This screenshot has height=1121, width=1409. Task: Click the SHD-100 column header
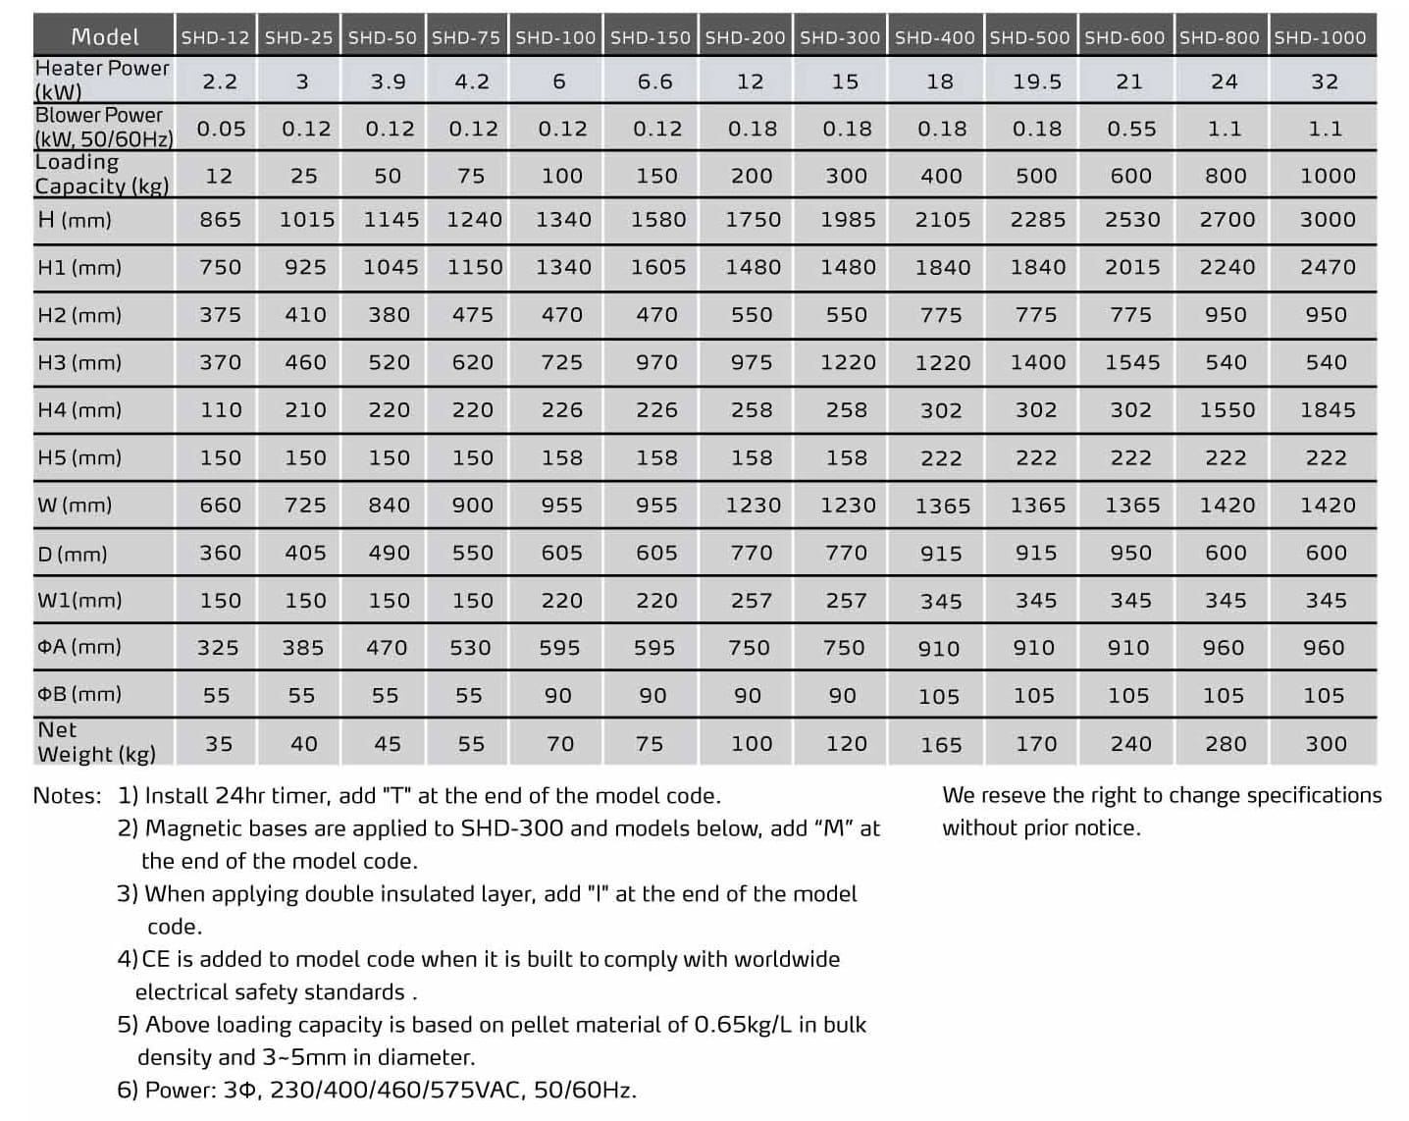pyautogui.click(x=555, y=37)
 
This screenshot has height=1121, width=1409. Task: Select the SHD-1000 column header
pyautogui.click(x=1320, y=37)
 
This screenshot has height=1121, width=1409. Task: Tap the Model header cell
pyautogui.click(x=105, y=37)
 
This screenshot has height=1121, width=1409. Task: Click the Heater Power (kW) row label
pyautogui.click(x=102, y=80)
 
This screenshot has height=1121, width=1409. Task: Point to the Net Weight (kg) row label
pyautogui.click(x=96, y=742)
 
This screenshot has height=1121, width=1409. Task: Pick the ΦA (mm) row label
pyautogui.click(x=79, y=647)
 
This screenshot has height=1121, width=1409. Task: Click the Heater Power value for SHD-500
pyautogui.click(x=1037, y=81)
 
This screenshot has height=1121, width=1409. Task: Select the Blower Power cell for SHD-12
pyautogui.click(x=221, y=129)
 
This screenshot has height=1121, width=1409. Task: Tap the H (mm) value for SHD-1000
pyautogui.click(x=1327, y=220)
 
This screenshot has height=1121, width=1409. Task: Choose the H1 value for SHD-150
pyautogui.click(x=657, y=267)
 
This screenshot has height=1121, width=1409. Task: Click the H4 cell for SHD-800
pyautogui.click(x=1226, y=409)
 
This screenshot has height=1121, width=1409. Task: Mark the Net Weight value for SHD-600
pyautogui.click(x=1130, y=744)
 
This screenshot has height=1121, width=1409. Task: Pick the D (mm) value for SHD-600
pyautogui.click(x=1130, y=553)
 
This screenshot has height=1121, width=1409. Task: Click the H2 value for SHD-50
pyautogui.click(x=389, y=315)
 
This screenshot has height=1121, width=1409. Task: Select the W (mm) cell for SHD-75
pyautogui.click(x=472, y=505)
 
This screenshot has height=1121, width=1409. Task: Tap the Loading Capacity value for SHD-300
pyautogui.click(x=846, y=176)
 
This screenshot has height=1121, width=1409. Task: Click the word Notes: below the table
pyautogui.click(x=67, y=795)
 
